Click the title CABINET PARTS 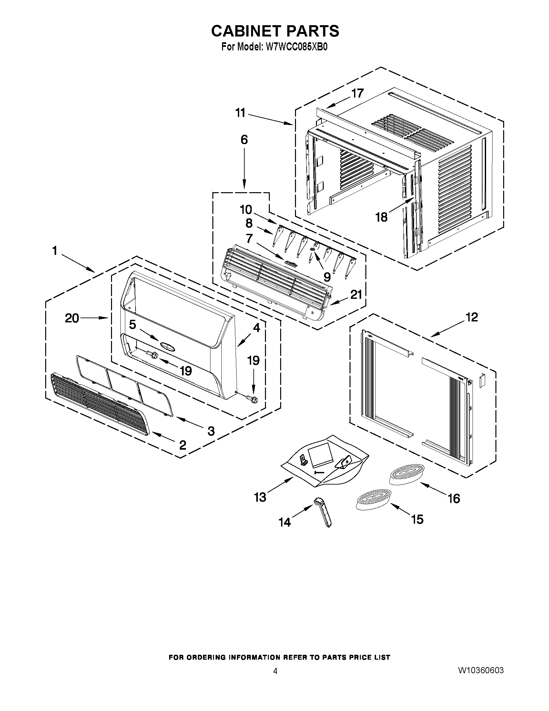pyautogui.click(x=275, y=31)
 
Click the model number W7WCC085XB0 pyautogui.click(x=296, y=47)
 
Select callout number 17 pyautogui.click(x=357, y=93)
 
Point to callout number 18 pyautogui.click(x=381, y=217)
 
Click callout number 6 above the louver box pyautogui.click(x=244, y=140)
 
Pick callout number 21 pyautogui.click(x=356, y=294)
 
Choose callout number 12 pyautogui.click(x=472, y=317)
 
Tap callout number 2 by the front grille pyautogui.click(x=182, y=444)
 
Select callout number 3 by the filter pyautogui.click(x=211, y=431)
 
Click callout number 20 pyautogui.click(x=72, y=318)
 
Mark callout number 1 pyautogui.click(x=55, y=251)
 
